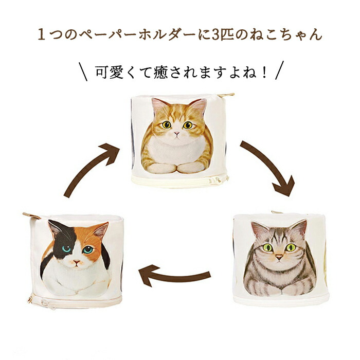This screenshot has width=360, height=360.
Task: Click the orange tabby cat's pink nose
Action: pyautogui.click(x=176, y=133)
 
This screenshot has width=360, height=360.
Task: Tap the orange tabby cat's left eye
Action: pyautogui.click(x=167, y=124)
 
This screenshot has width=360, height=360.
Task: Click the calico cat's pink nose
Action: pyautogui.click(x=77, y=262)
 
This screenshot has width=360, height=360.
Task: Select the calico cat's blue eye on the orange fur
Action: pyautogui.click(x=87, y=249)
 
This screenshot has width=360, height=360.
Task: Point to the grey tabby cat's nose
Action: pyautogui.click(x=279, y=257)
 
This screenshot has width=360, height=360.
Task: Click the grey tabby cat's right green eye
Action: pyautogui.click(x=291, y=247)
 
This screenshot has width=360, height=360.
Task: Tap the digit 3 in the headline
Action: pyautogui.click(x=215, y=34)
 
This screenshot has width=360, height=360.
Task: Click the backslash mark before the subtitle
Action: pyautogui.click(x=83, y=71)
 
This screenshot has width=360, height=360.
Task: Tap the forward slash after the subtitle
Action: pyautogui.click(x=279, y=70)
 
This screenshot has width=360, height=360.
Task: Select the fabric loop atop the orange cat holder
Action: pyautogui.click(x=226, y=95)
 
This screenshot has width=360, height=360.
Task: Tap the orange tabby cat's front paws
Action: pyautogui.click(x=177, y=168)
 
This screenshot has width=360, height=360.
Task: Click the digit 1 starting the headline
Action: pyautogui.click(x=41, y=34)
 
